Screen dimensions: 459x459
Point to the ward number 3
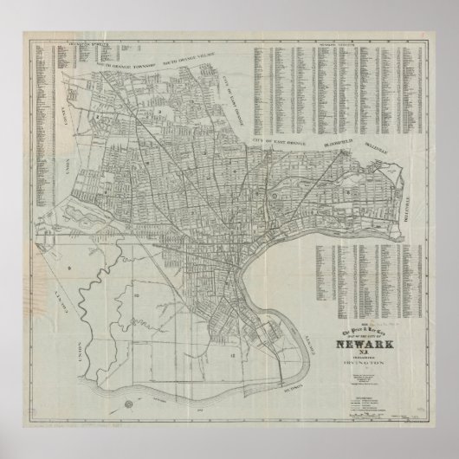click(161, 113)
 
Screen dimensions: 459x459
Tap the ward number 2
click(100, 114)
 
